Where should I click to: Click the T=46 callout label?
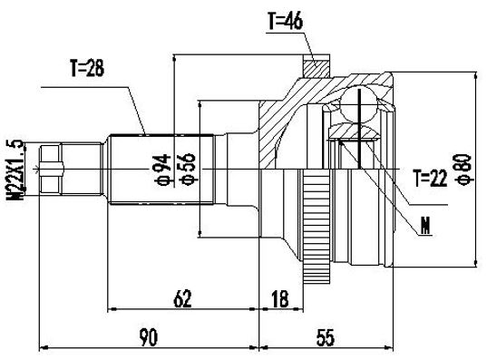point(285,22)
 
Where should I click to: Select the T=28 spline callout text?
point(87,68)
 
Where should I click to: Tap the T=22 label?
point(431,179)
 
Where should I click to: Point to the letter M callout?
point(425,226)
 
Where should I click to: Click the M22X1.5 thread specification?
point(15,170)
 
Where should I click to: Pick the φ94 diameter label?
point(163,170)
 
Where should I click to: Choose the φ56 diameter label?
point(188,170)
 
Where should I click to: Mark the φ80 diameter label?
point(465,170)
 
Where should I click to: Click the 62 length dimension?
point(182,298)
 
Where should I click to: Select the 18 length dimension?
point(280,298)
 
